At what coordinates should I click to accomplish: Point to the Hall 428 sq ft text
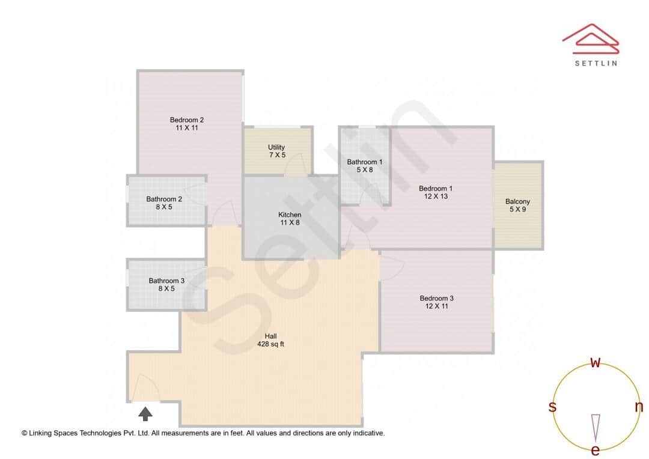click(x=270, y=341)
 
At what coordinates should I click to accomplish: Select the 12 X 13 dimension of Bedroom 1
click(x=436, y=196)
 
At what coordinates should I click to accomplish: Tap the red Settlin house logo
click(x=590, y=37)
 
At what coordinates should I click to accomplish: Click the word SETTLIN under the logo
click(x=596, y=62)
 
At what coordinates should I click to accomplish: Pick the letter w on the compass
click(x=596, y=362)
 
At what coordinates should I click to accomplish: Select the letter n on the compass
click(x=639, y=407)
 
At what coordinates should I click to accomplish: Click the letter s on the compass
click(x=552, y=407)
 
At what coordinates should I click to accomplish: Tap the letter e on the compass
click(x=596, y=450)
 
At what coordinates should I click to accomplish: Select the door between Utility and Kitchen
click(x=296, y=168)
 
